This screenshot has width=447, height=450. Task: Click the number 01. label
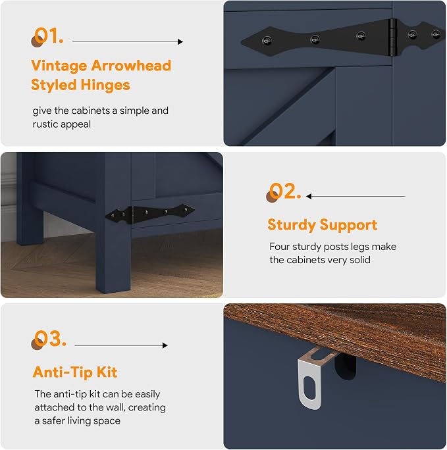(48, 36)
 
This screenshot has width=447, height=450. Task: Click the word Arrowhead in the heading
(131, 66)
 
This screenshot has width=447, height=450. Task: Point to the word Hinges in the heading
(105, 85)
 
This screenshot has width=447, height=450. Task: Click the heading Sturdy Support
(323, 225)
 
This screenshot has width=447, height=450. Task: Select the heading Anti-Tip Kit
(75, 372)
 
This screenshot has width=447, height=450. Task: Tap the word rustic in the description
(45, 124)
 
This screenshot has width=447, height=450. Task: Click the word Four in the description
(280, 247)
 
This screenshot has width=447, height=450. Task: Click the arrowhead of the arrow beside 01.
(180, 42)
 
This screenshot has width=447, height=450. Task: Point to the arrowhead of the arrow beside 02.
(309, 196)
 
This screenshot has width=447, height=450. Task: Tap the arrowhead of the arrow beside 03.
(165, 345)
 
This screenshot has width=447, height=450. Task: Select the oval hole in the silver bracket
(309, 387)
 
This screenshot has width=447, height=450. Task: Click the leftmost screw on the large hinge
(267, 41)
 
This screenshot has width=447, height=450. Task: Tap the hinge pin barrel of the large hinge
(393, 37)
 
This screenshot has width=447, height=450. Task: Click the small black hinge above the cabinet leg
(149, 213)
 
